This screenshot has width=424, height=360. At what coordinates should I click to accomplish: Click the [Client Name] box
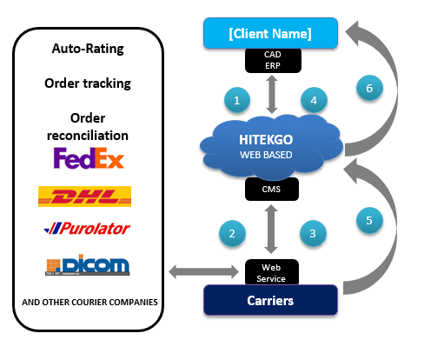pos(270,33)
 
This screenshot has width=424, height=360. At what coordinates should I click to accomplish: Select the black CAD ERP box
pos(273,60)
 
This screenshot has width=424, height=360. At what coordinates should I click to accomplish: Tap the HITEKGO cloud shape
pos(271,147)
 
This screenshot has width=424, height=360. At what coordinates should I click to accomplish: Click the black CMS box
pos(272,189)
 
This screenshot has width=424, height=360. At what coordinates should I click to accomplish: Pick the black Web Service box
pos(272,272)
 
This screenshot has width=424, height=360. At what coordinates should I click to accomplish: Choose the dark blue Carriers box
pos(270,300)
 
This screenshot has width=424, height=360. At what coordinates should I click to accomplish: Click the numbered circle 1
pos(237,100)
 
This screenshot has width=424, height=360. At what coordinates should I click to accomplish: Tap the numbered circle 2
pos(232,234)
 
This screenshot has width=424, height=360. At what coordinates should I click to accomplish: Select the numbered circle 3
pos(313,234)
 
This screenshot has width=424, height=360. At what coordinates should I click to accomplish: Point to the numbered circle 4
pos(314,100)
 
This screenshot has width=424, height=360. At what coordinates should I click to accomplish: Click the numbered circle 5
pos(369,220)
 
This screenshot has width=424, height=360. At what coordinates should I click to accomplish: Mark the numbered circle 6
pos(369,88)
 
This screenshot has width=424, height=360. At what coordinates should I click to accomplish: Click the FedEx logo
pos(89,158)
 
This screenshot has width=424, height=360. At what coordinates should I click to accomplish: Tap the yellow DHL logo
pos(84,197)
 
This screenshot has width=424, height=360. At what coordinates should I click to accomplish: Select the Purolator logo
pos(87,229)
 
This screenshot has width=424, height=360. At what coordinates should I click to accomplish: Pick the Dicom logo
pos(88,264)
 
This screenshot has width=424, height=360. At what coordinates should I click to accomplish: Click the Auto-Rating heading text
pos(88,49)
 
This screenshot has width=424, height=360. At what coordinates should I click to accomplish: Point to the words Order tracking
pos(88,83)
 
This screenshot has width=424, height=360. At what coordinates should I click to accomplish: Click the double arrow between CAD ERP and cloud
pos(272,94)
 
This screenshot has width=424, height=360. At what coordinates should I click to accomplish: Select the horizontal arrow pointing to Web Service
pos(203,272)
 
